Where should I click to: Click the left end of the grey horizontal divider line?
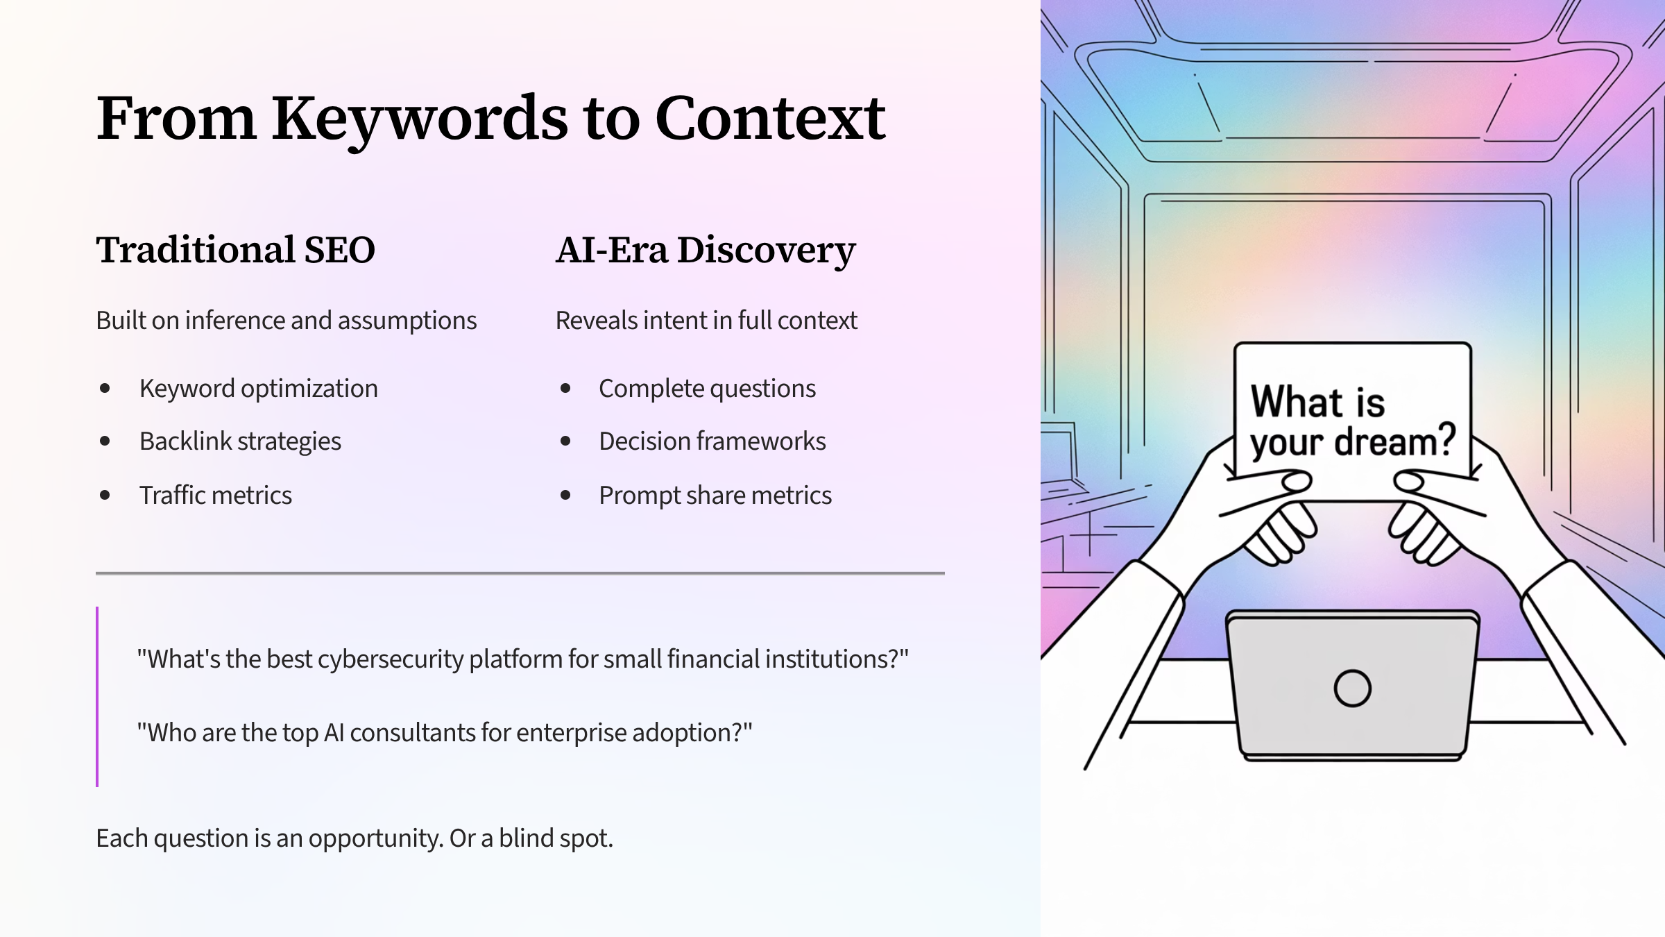point(96,573)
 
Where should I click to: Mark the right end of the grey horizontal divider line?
point(944,573)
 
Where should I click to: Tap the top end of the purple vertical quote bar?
point(97,607)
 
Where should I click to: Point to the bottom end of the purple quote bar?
point(97,786)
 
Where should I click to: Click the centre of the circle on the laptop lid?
point(1352,688)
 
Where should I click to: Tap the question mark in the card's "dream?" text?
point(1442,439)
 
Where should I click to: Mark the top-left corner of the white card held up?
point(1235,344)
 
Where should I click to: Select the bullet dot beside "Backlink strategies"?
point(105,441)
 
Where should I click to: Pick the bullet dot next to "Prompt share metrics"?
point(565,495)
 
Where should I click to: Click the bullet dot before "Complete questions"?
point(565,388)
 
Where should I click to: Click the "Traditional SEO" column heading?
point(235,250)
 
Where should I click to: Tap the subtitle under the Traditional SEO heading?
point(287,321)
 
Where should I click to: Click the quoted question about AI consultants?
point(445,733)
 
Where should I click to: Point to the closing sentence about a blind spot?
point(355,838)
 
